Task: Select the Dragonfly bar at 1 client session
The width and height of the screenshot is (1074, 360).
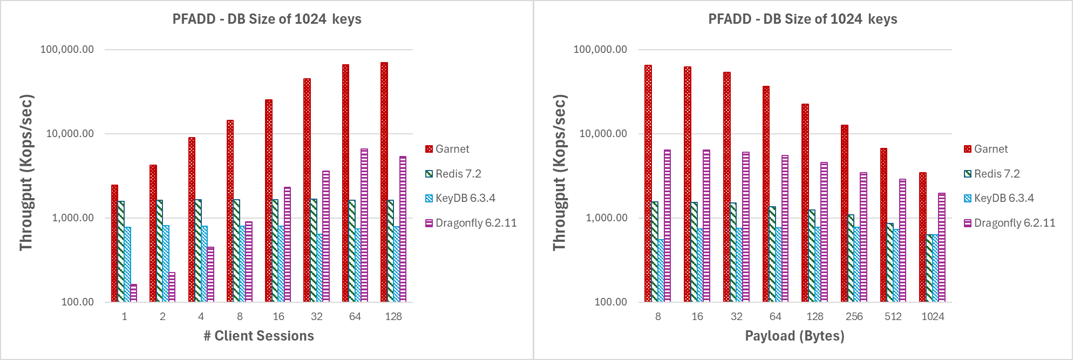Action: (x=134, y=293)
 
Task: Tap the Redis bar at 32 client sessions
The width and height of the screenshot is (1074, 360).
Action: (x=313, y=250)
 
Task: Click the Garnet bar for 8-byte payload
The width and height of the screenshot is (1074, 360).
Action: (x=648, y=184)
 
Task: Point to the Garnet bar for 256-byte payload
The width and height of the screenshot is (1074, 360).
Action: (x=844, y=213)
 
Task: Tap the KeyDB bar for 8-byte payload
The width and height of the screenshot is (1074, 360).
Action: (x=661, y=270)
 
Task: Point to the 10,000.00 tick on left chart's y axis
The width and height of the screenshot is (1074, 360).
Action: (x=70, y=133)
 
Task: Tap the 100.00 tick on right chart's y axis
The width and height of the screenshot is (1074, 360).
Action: (x=610, y=302)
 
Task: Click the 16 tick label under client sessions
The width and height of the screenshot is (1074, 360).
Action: (x=278, y=316)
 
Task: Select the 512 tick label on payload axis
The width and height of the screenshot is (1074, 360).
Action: (x=893, y=316)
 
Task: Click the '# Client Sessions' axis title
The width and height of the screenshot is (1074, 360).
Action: (x=259, y=336)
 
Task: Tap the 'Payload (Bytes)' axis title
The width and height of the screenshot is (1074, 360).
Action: (x=794, y=336)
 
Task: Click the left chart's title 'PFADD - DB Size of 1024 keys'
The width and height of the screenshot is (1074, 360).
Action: (x=267, y=19)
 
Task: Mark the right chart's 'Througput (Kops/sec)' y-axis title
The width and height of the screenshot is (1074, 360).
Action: (x=560, y=173)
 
